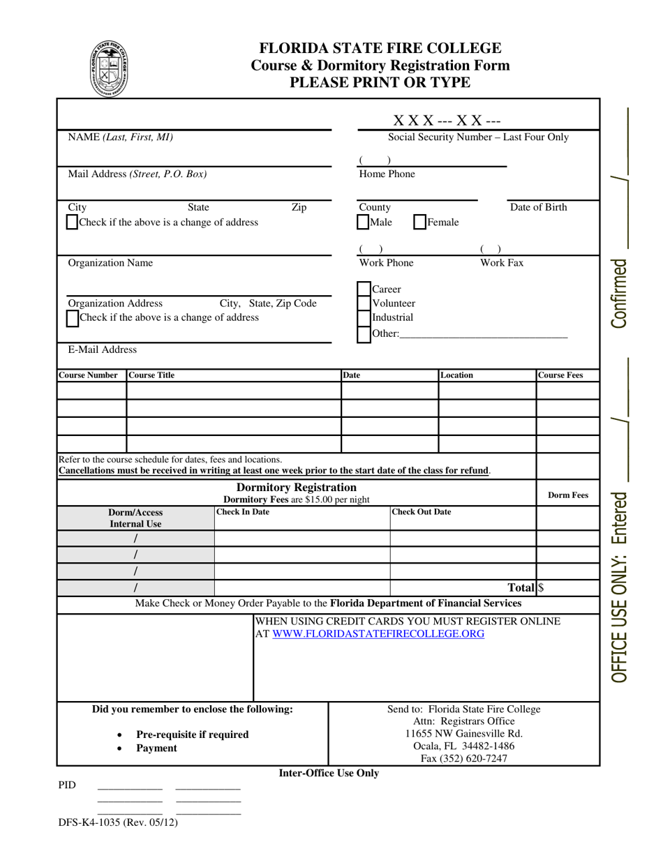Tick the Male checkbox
(x=364, y=222)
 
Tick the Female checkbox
(x=419, y=222)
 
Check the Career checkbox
(x=364, y=289)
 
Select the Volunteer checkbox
(x=364, y=303)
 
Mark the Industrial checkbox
(x=364, y=318)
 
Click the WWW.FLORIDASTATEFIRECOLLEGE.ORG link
(x=378, y=634)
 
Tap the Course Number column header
(x=88, y=375)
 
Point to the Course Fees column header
(x=560, y=375)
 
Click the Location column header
(x=456, y=375)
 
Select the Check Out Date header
(x=422, y=512)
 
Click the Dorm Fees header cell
(x=568, y=495)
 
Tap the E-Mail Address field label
(x=102, y=349)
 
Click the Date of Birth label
(x=538, y=207)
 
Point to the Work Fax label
(x=501, y=263)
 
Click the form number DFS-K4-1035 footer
(x=118, y=822)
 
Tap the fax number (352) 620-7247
(x=464, y=758)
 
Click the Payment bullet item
(x=156, y=748)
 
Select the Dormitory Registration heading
(x=297, y=487)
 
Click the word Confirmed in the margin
(x=618, y=293)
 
